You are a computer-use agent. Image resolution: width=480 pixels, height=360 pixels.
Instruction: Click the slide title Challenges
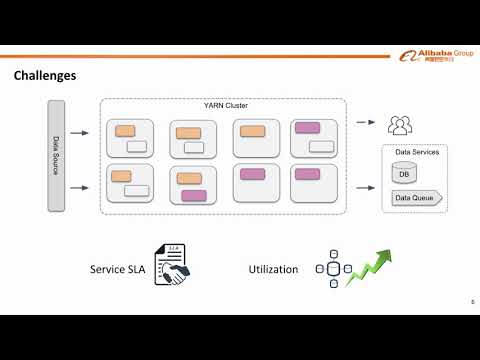44,76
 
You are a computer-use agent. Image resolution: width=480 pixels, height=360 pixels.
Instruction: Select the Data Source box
56,155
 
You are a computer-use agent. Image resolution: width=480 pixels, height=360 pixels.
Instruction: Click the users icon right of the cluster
400,126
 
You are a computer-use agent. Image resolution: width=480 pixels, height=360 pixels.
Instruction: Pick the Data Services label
415,152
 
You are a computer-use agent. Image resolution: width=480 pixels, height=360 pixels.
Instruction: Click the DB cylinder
403,174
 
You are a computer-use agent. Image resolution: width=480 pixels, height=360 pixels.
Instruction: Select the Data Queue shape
415,198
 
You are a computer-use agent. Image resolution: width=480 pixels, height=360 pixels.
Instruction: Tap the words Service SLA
120,269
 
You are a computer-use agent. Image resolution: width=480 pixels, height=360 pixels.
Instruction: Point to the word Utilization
273,269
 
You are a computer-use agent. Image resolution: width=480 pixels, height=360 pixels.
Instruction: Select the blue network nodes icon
333,269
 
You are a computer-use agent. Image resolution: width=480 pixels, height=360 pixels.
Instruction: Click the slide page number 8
472,301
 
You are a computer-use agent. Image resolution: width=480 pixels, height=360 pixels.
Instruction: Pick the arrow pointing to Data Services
365,185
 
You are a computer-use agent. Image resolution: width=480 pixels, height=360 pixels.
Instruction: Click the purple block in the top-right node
306,129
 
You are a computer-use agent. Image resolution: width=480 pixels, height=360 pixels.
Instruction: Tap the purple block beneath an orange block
194,195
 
